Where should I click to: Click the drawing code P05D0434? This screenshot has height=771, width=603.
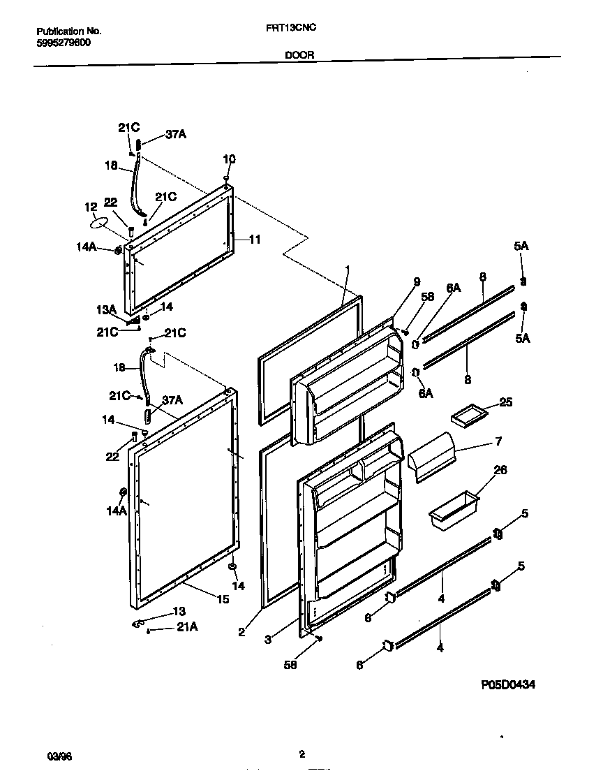[x=507, y=685]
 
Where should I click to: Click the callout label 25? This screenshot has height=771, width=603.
[x=506, y=402]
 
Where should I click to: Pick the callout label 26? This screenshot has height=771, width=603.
[x=500, y=470]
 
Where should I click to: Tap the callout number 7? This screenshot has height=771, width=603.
[x=498, y=441]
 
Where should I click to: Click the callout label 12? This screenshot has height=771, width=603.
[x=91, y=207]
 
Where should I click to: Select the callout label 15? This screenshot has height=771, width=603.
[x=223, y=599]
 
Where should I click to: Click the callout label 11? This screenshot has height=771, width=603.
[x=254, y=239]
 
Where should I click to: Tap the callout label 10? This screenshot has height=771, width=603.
[x=229, y=159]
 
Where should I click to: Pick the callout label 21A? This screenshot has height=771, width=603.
[x=186, y=627]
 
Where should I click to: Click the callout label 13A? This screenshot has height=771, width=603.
[x=106, y=309]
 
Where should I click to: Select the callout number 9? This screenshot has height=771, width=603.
[x=417, y=282]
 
